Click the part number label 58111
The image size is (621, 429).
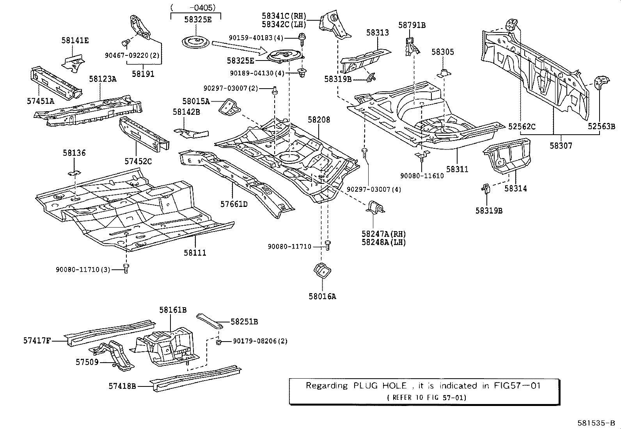(195, 253)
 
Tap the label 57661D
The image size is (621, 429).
(234, 204)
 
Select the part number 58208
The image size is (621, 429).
(319, 119)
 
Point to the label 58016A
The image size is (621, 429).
(322, 296)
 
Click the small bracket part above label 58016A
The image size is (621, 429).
(322, 271)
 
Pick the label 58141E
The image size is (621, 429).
(75, 41)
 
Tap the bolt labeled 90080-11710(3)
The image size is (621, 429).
(126, 268)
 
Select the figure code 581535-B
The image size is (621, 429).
(596, 423)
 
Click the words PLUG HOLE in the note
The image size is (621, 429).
(380, 385)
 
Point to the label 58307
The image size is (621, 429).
(561, 146)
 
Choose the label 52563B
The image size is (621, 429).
(601, 126)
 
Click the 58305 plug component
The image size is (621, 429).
(444, 73)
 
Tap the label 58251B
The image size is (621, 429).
(244, 322)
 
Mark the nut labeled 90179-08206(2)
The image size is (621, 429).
(218, 342)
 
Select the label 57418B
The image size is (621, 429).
(122, 386)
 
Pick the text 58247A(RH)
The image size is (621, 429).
(384, 234)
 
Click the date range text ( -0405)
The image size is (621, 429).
(193, 7)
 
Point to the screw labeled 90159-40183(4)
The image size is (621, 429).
(302, 39)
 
